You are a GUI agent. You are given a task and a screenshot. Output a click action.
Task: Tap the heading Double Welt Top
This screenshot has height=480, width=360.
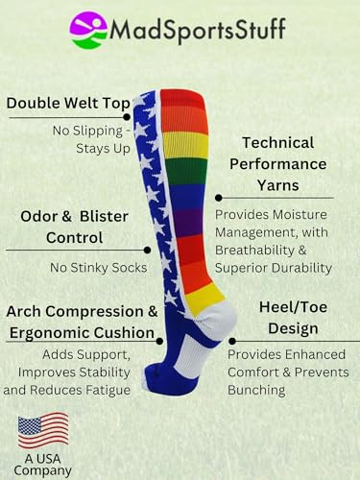tap(63, 104)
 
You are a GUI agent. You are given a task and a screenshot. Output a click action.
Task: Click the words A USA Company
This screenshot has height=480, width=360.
tap(43, 462)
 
